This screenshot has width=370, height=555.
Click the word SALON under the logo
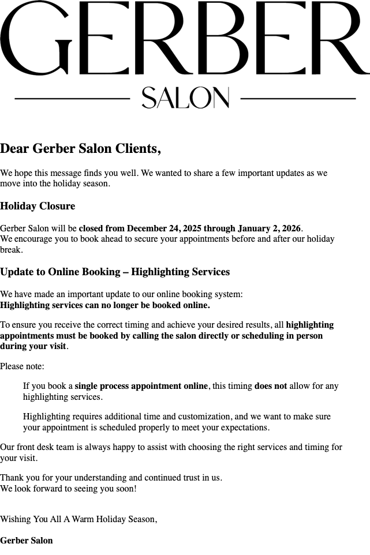point(185,98)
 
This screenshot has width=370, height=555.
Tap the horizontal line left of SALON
point(72,99)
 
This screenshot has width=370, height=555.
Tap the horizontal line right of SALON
point(298,99)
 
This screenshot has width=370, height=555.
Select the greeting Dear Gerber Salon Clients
point(80,149)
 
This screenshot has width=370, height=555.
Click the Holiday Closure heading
point(38,206)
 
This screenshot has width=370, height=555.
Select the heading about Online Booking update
point(115,272)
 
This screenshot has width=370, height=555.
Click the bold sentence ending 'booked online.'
point(105,305)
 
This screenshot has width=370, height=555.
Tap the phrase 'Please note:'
point(22,366)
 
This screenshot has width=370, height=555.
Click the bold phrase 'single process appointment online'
point(141,386)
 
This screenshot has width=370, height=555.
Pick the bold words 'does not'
point(270,386)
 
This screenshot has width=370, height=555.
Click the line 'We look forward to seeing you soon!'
point(69,489)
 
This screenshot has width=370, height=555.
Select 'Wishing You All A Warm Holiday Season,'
point(79,519)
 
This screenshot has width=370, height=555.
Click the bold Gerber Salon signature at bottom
point(27,541)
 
